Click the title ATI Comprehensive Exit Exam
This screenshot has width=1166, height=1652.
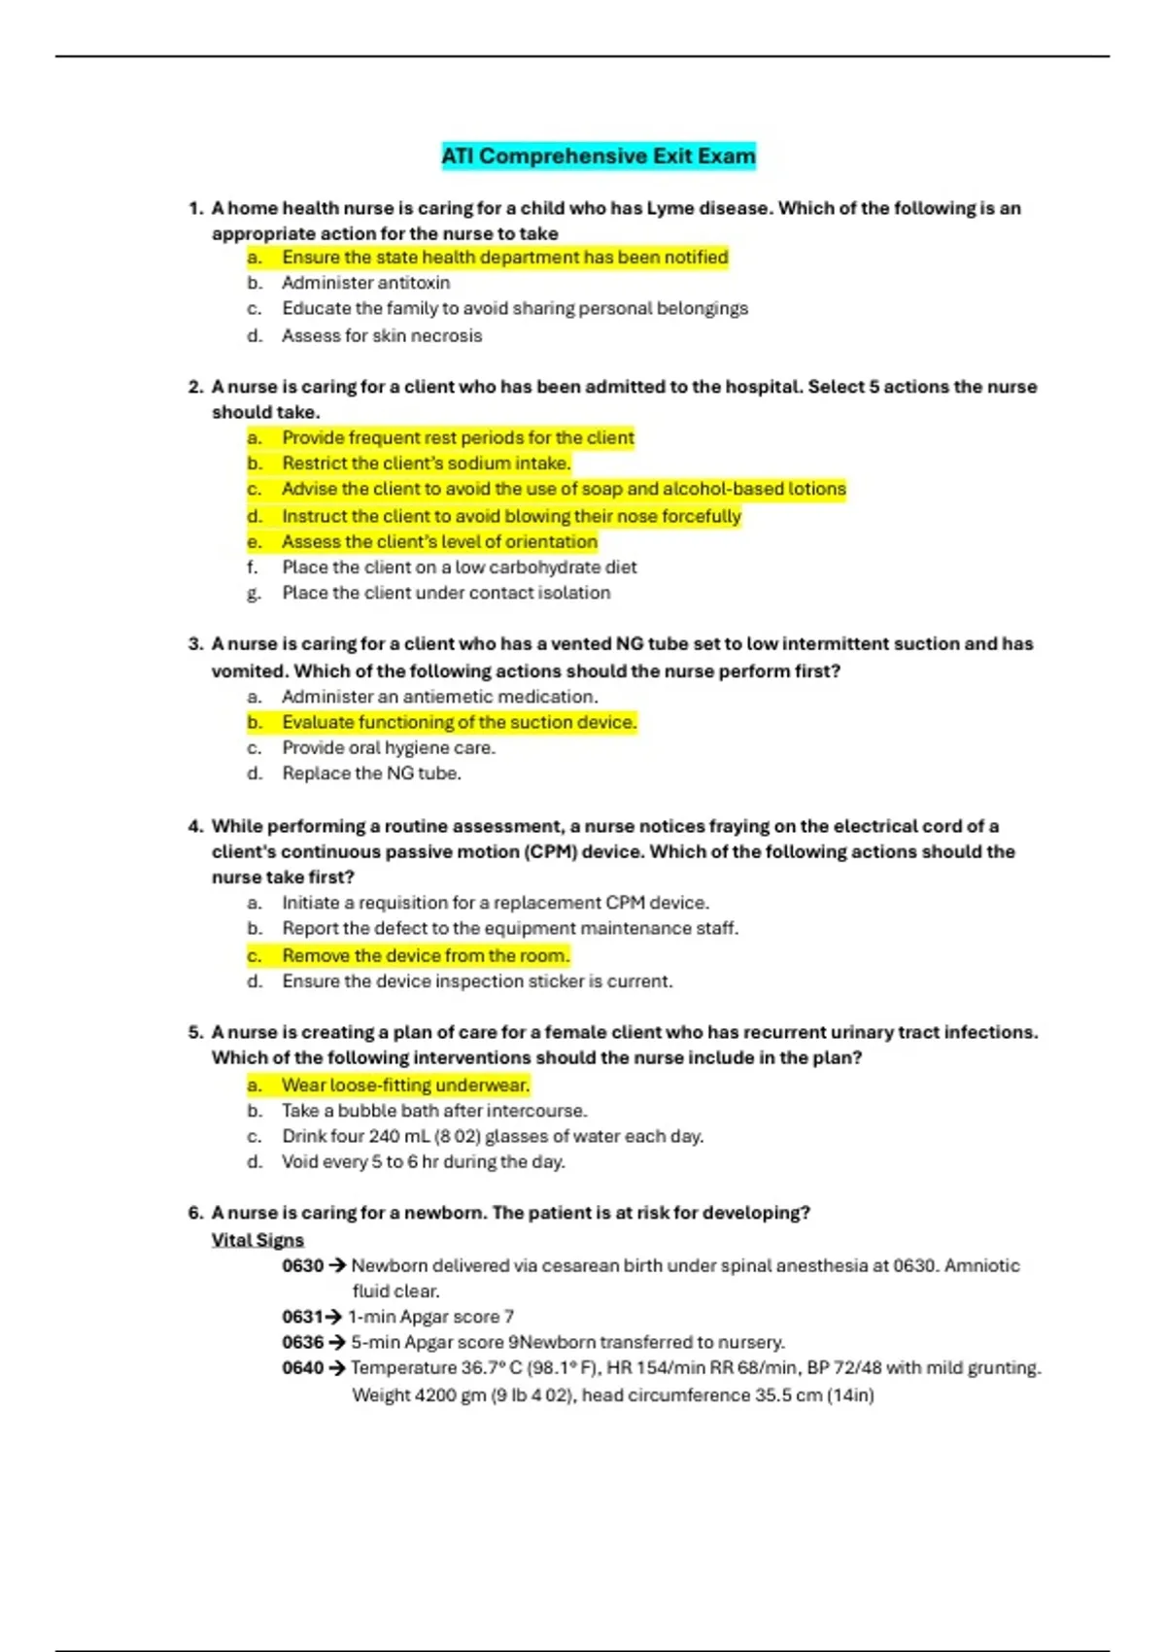(x=599, y=156)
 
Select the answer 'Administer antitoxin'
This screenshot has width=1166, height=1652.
(x=365, y=283)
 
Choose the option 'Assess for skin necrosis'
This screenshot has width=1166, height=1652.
(x=382, y=335)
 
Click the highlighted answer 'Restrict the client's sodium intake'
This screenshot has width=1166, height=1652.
(x=426, y=464)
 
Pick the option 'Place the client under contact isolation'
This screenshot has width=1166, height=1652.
(x=446, y=593)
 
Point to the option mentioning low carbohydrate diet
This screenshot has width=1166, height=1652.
(x=460, y=567)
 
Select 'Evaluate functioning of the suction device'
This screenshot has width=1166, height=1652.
(x=459, y=722)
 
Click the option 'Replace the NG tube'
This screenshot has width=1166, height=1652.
(x=371, y=774)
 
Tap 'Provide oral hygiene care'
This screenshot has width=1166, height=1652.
(x=389, y=747)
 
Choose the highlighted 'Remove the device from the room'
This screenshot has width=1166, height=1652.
(x=426, y=955)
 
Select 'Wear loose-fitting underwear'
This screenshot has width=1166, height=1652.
(x=405, y=1084)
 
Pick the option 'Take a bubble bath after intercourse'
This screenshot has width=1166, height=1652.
(x=434, y=1111)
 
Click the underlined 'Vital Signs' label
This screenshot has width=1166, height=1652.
(x=257, y=1240)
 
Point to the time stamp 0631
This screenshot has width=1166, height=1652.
(x=302, y=1317)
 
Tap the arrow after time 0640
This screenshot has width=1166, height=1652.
(x=337, y=1368)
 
